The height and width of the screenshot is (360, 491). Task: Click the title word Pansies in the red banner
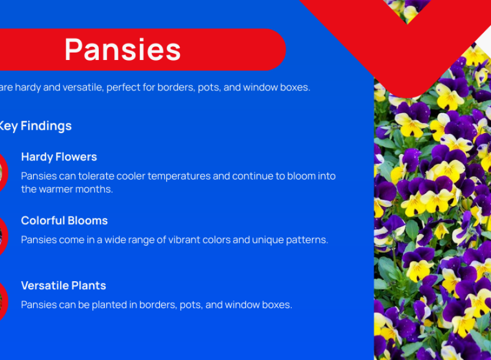coord(123,50)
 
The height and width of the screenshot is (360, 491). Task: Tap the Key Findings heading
coord(35,126)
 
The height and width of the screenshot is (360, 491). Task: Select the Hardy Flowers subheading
coord(59,157)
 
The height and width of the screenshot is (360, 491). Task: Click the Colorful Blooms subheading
coord(64,221)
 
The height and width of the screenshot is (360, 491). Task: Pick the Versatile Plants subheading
coord(63,286)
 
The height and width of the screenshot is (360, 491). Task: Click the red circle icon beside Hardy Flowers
coord(3,173)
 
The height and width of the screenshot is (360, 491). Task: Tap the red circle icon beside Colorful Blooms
coord(3,236)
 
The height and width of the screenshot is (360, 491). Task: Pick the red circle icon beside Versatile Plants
coord(3,301)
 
